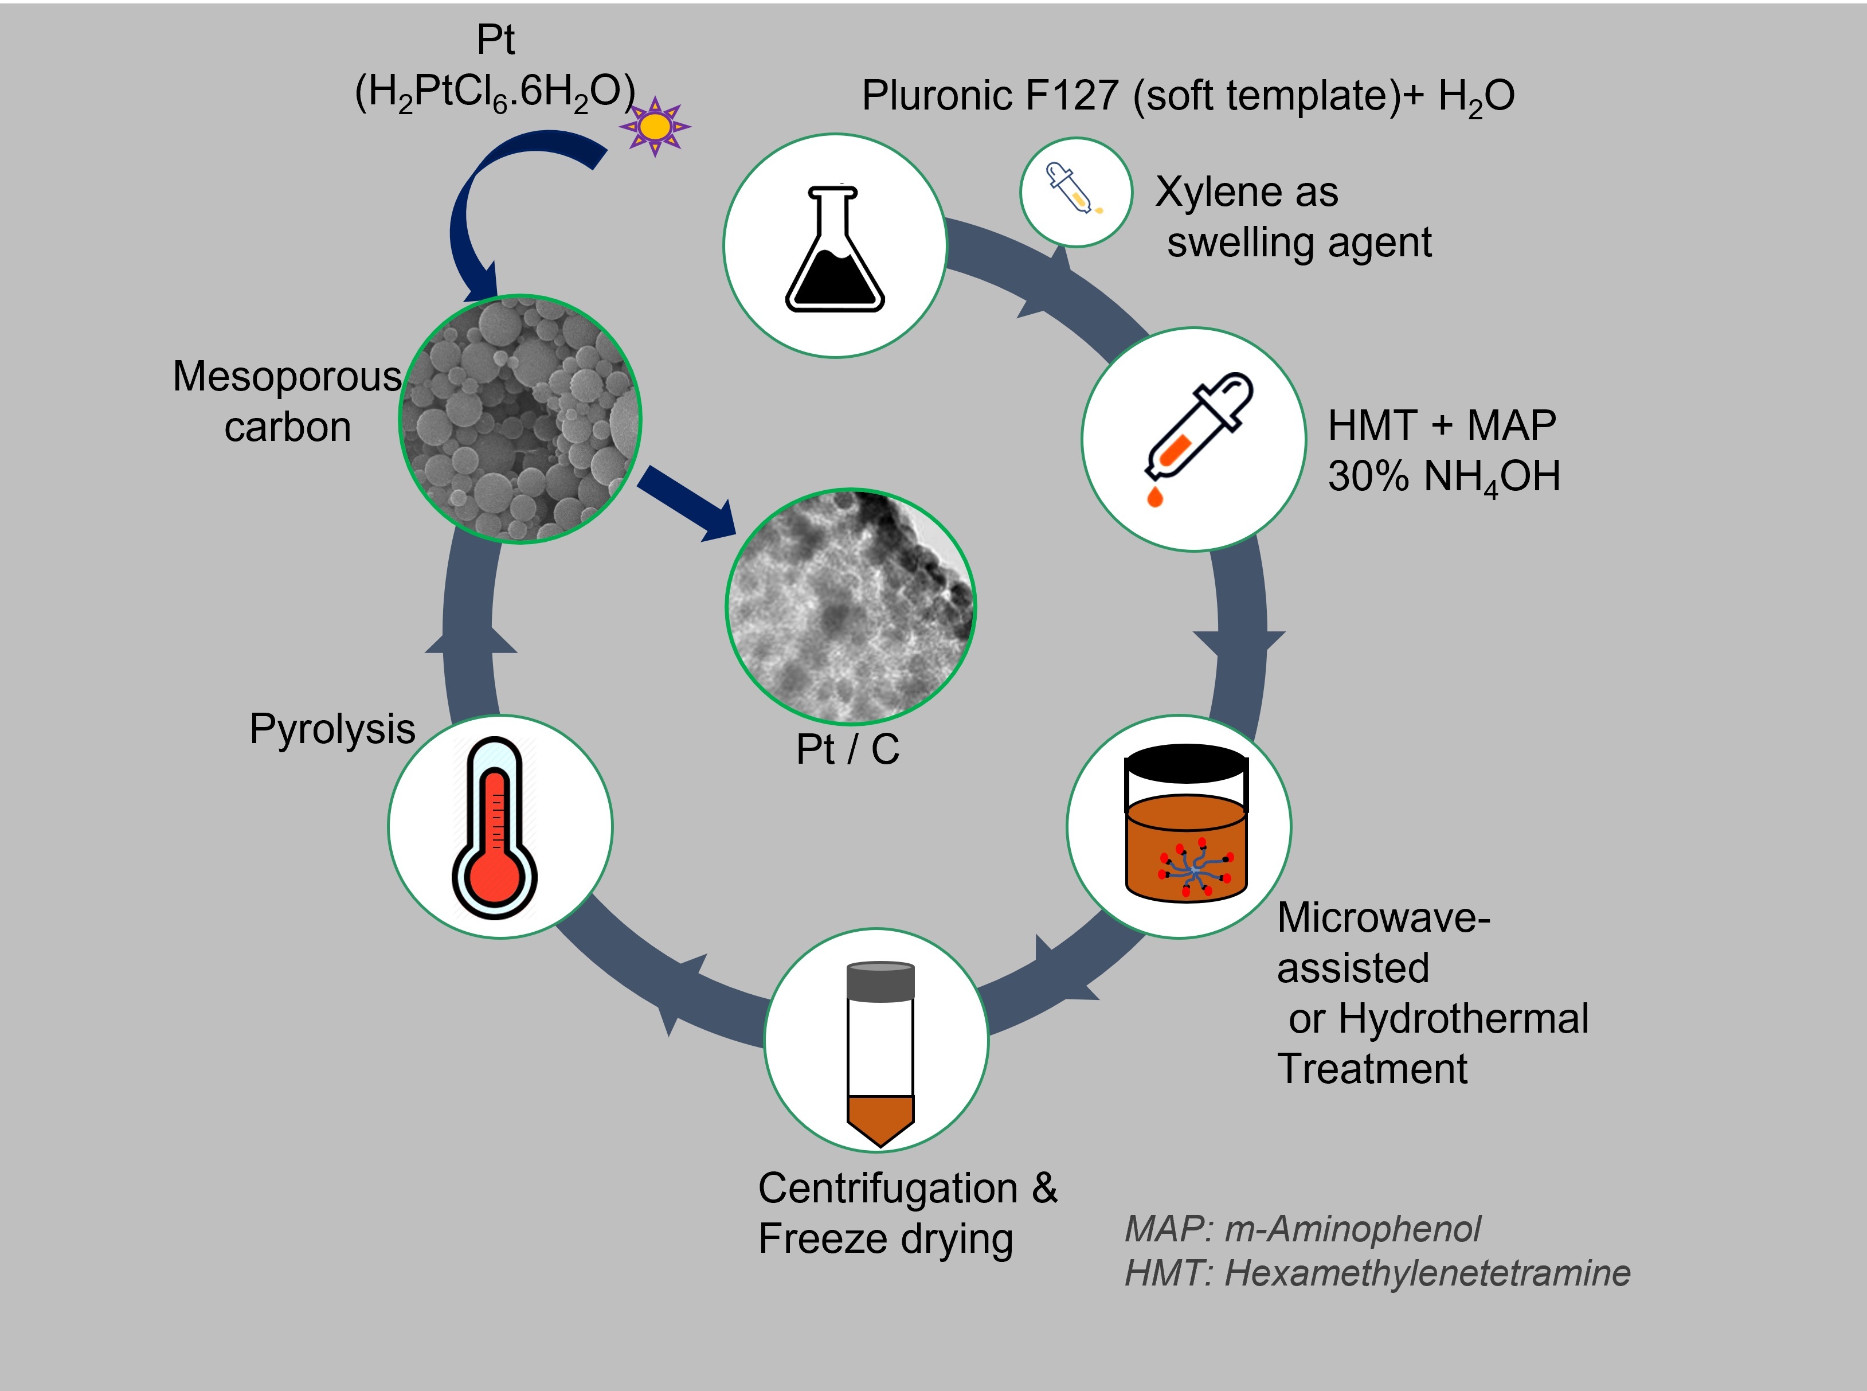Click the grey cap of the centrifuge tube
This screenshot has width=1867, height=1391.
pyautogui.click(x=880, y=982)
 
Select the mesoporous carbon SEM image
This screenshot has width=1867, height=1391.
pyautogui.click(x=520, y=419)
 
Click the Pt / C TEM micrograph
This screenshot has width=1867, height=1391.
pyautogui.click(x=850, y=606)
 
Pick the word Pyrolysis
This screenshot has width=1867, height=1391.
pyautogui.click(x=332, y=729)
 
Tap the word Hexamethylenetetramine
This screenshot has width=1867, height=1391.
pyautogui.click(x=1427, y=1273)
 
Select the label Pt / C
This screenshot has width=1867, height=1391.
pyautogui.click(x=848, y=749)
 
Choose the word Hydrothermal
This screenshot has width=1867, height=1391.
pyautogui.click(x=1463, y=1019)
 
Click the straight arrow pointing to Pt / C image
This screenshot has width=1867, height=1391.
pyautogui.click(x=686, y=503)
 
